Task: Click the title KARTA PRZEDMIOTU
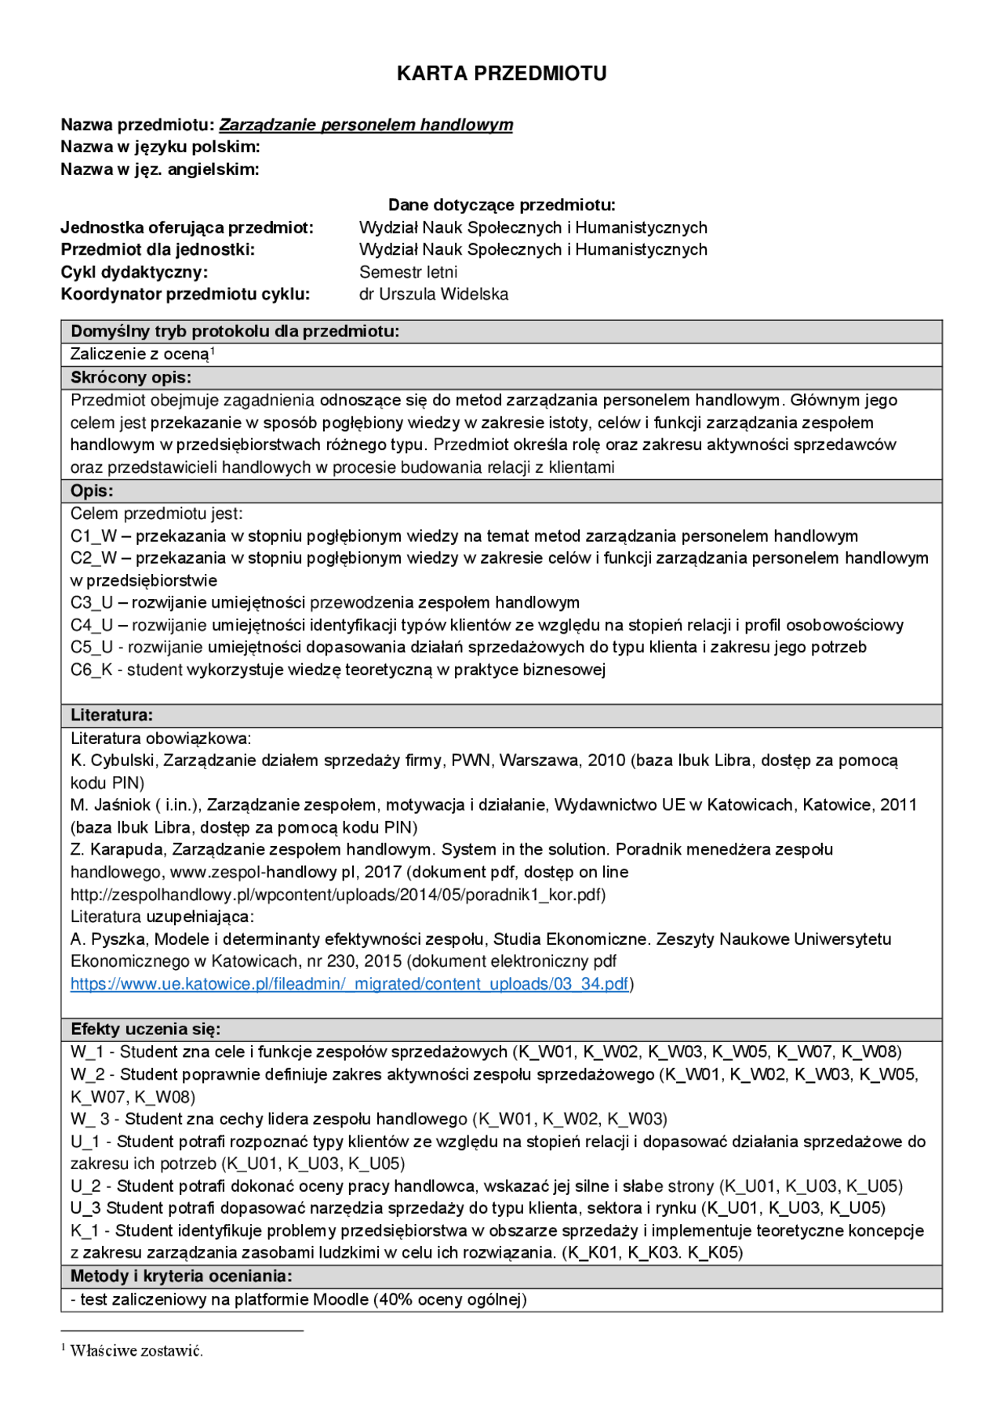coord(501,74)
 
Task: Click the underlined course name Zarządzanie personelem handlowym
coord(366,125)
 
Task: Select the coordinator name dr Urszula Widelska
coord(434,294)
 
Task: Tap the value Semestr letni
coord(408,272)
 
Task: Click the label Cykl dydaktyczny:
coord(134,272)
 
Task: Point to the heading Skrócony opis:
coord(131,377)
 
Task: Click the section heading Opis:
coord(92,491)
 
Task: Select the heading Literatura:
coord(111,715)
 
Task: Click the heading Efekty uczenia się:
coord(145,1029)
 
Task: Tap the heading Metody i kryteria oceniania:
coord(181,1276)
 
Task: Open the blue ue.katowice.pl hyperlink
coord(349,984)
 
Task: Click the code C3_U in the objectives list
coord(92,603)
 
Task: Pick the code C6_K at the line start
coord(91,670)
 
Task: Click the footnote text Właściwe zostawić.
coord(136,1350)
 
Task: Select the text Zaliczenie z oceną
coord(140,354)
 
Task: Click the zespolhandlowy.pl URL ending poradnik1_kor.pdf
coord(337,895)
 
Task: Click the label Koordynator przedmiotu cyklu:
coord(185,294)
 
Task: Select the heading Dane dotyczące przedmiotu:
coord(501,205)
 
